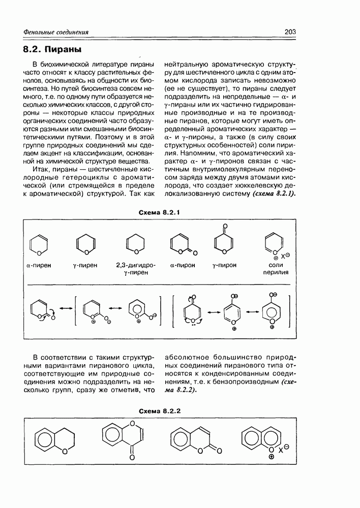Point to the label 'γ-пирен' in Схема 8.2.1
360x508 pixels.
point(85,265)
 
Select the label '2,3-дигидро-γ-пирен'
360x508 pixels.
point(136,269)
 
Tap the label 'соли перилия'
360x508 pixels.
point(276,269)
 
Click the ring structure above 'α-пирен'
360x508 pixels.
point(39,243)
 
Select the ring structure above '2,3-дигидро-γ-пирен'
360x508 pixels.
point(136,243)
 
